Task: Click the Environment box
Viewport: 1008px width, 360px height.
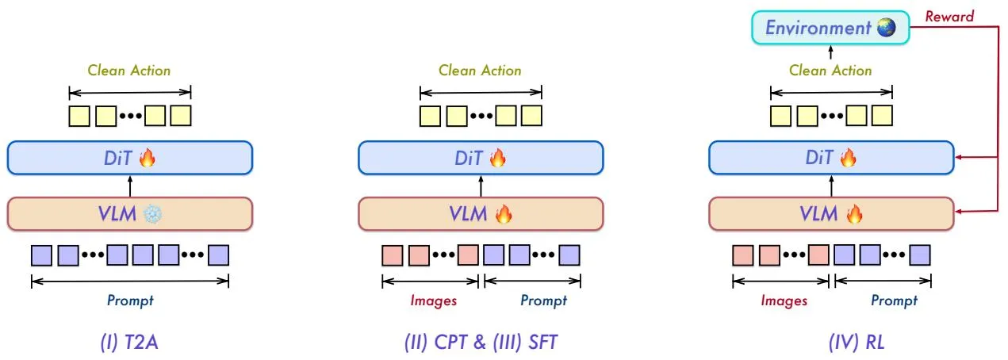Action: [x=830, y=28]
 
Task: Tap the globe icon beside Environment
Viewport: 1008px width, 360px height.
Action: [x=887, y=28]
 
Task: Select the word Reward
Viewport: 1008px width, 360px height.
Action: [x=949, y=17]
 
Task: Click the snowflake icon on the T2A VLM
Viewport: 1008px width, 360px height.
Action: [x=152, y=214]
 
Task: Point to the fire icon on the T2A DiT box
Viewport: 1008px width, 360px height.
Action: [x=148, y=158]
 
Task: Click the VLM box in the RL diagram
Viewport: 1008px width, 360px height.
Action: [x=831, y=214]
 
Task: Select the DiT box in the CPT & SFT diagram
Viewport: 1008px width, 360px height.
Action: [x=481, y=158]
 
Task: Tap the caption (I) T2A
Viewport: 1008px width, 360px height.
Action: [x=129, y=342]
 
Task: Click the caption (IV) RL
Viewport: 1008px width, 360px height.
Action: [x=857, y=342]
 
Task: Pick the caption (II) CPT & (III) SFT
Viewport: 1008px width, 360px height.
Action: [x=481, y=342]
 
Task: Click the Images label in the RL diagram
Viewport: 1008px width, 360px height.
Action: [x=784, y=301]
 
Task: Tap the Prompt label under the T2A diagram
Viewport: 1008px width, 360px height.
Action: [x=130, y=301]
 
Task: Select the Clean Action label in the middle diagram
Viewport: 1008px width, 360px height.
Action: [x=480, y=71]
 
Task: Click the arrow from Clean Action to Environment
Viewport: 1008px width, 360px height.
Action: [x=830, y=52]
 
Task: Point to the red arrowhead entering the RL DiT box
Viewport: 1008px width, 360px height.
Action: [x=959, y=158]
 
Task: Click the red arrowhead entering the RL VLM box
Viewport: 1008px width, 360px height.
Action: [x=959, y=212]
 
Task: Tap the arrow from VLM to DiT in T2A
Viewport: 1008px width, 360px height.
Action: [x=130, y=186]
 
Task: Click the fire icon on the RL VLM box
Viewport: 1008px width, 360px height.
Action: [x=853, y=214]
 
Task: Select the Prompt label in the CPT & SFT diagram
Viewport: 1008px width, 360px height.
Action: [x=543, y=301]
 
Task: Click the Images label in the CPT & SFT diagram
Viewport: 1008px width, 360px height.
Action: [x=433, y=301]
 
